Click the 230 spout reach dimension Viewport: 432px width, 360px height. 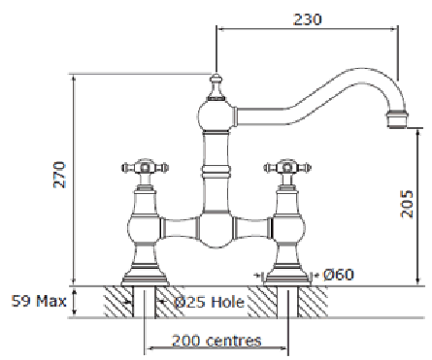point(308,19)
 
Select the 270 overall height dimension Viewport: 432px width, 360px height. point(59,175)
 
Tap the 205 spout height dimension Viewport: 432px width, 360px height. point(407,204)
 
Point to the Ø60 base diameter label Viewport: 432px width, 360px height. point(339,275)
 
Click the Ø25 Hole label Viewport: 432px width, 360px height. point(209,303)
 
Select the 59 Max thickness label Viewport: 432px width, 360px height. point(39,301)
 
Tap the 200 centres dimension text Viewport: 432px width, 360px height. point(216,341)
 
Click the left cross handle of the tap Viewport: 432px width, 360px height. point(146,168)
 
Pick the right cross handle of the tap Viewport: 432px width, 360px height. point(287,168)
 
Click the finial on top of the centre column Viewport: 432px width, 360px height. point(216,86)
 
